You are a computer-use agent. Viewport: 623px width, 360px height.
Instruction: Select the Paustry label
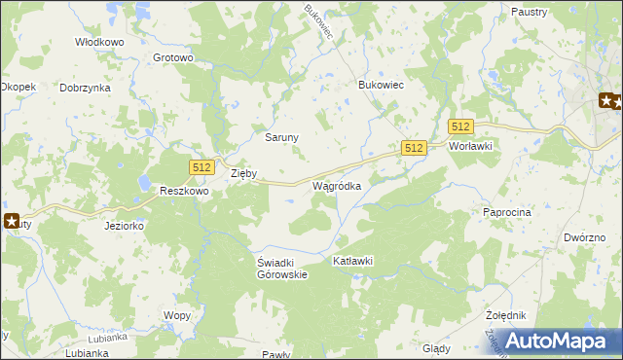[x=528, y=12]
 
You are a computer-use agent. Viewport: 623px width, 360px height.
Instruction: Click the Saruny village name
[x=282, y=137]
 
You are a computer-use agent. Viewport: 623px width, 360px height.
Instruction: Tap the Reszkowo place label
[x=185, y=193]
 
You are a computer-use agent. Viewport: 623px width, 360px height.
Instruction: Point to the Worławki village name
[x=471, y=146]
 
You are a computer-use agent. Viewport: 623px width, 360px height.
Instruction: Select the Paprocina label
[x=506, y=211]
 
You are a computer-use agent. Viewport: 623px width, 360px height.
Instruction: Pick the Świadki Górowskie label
[x=282, y=269]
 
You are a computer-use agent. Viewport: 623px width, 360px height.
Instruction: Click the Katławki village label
[x=353, y=262]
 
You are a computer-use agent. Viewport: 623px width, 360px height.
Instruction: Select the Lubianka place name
[x=87, y=352]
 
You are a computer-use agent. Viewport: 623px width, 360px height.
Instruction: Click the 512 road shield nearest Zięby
[x=202, y=167]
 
